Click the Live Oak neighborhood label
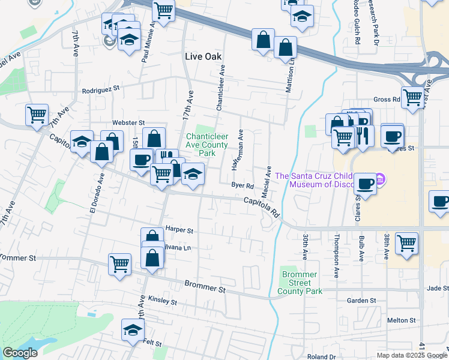point(203,56)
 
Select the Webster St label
point(133,122)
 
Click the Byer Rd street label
point(243,186)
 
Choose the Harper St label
point(179,230)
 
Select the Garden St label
point(361,300)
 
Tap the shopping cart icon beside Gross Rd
point(412,98)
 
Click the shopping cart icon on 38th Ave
point(406,244)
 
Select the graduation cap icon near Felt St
point(133,329)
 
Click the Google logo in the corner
point(20,353)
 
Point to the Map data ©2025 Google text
point(411,355)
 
